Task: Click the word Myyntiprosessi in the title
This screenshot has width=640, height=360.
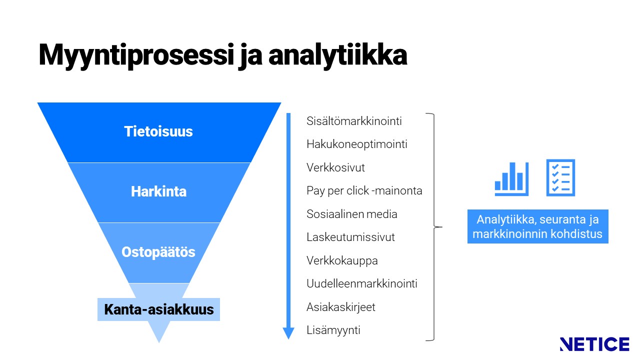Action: (136, 55)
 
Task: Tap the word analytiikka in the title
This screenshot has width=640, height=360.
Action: (337, 55)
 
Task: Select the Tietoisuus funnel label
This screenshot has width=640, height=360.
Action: (158, 131)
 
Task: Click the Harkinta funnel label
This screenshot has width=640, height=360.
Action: (158, 191)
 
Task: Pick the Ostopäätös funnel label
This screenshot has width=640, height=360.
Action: (158, 252)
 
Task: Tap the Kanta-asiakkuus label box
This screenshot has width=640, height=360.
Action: (159, 309)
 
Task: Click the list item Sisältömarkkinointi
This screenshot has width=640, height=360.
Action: (354, 121)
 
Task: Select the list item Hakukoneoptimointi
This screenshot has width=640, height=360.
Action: (357, 144)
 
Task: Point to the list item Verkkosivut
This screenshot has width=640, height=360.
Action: (335, 167)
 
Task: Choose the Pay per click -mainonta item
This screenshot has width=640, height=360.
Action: (364, 191)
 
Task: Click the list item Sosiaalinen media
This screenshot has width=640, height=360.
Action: (351, 214)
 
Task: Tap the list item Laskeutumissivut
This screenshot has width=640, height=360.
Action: (350, 237)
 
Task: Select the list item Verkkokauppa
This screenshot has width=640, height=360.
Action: (342, 261)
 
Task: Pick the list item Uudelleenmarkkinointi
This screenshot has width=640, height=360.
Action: (361, 283)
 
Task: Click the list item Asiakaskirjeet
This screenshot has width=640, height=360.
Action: (341, 307)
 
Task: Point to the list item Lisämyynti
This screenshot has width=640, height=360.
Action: (333, 330)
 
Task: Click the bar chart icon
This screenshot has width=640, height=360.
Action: (511, 179)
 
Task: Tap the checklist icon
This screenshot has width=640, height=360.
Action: (560, 177)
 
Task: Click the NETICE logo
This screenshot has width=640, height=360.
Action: (594, 344)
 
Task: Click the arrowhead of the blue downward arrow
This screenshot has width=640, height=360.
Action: (288, 333)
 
